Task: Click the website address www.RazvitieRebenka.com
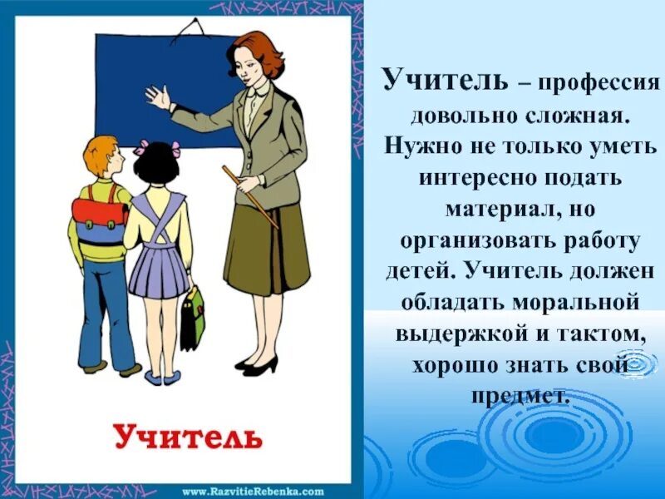252,491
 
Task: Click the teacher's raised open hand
157,98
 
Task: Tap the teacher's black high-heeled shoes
258,364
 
